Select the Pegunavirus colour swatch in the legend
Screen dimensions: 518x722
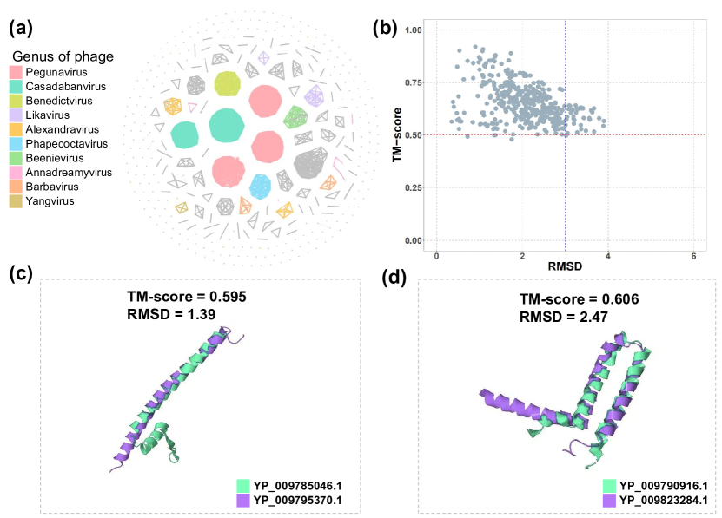17,73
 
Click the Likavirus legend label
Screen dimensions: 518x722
49,115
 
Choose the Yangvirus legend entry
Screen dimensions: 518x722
50,201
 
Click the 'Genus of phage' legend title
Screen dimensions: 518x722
61,56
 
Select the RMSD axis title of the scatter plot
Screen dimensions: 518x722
565,267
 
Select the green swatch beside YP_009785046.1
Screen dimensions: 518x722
242,485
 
